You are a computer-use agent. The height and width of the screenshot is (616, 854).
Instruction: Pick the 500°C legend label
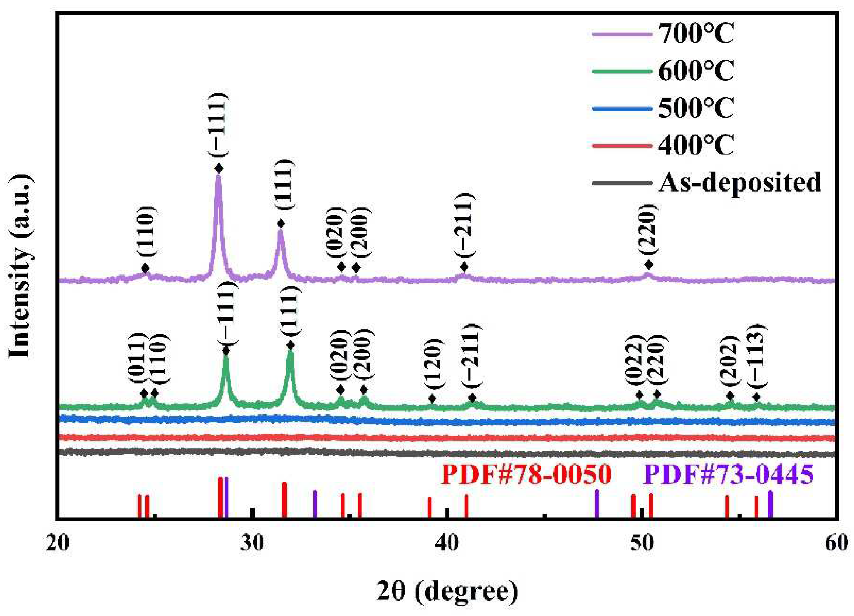[x=696, y=108]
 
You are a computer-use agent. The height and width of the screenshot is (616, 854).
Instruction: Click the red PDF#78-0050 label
[x=526, y=475]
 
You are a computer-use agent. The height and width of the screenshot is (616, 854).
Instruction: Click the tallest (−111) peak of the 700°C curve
[x=218, y=177]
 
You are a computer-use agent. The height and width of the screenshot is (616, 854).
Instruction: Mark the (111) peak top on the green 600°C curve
[x=290, y=352]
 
